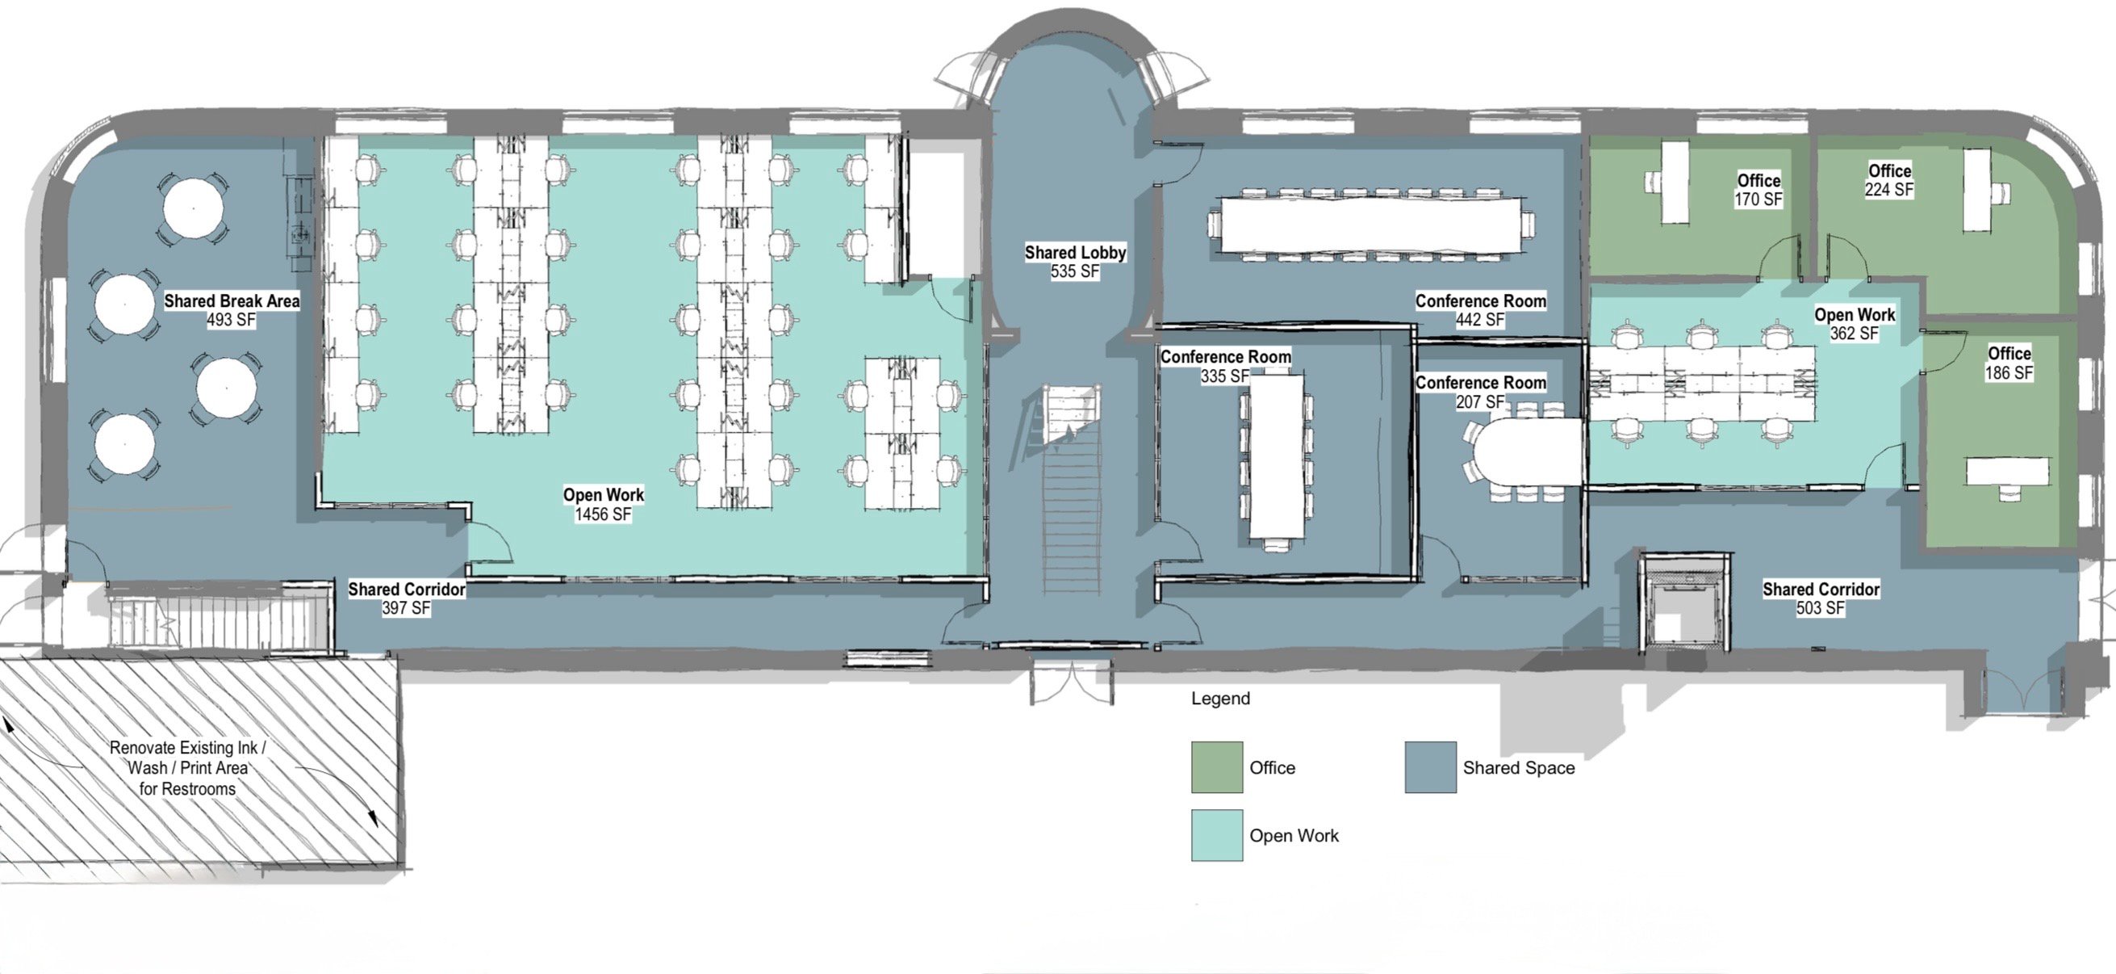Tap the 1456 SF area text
pos(603,514)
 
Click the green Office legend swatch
pos(1216,767)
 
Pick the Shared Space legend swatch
pos(1430,767)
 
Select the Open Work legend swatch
pos(1216,835)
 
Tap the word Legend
pos(1221,699)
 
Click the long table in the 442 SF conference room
pos(1370,225)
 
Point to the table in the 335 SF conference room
pos(1277,456)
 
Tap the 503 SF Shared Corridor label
pos(1821,598)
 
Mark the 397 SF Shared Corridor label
pos(407,598)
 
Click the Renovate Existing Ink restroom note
pos(188,769)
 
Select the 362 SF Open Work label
pos(1855,324)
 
